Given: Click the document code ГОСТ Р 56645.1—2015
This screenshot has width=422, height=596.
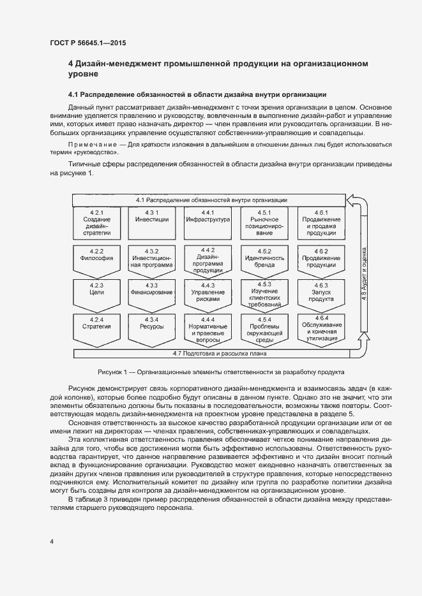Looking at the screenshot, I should [x=87, y=43].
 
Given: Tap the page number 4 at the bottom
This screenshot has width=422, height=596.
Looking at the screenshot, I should [x=52, y=541].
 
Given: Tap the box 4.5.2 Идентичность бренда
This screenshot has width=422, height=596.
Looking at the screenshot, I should [x=264, y=259].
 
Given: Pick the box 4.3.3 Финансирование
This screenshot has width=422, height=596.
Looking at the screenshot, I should [x=152, y=293].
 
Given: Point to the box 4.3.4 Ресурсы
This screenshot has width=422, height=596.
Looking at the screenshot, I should [x=152, y=328].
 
